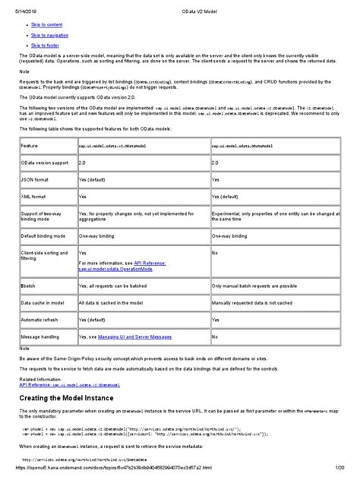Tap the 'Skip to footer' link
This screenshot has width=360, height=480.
44,45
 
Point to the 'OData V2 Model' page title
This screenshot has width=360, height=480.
179,6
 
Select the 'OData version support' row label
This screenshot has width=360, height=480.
45,163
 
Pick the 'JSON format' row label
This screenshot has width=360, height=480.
35,180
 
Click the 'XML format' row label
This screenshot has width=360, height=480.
34,196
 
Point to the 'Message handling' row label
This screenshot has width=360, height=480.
43,334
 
